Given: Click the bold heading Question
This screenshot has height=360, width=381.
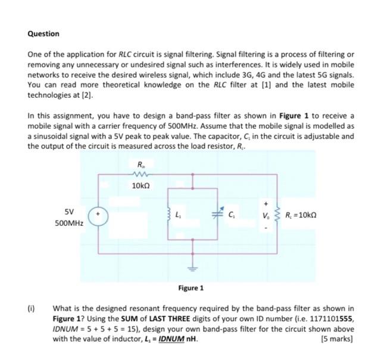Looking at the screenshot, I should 43,34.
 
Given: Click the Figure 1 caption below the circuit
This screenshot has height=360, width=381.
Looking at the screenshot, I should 191,288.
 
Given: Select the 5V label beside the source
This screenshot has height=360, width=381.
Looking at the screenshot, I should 69,211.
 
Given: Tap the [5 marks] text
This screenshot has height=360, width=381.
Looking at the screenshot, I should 336,340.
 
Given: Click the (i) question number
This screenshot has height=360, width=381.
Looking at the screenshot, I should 32,309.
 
